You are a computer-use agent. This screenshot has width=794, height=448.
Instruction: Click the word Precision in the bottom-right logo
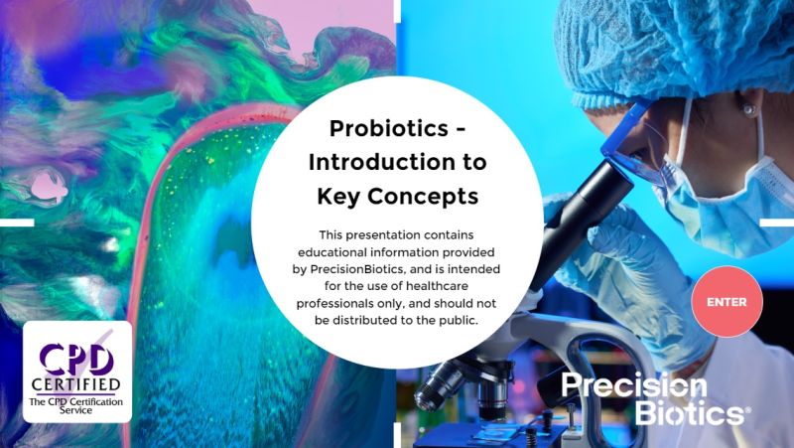634,386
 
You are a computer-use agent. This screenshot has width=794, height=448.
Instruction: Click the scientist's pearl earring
745,109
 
